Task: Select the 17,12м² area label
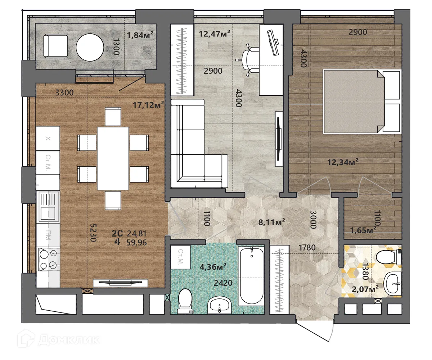[149, 105]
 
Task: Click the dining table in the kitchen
[113, 158]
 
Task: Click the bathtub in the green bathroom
[252, 275]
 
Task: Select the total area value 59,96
[137, 242]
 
